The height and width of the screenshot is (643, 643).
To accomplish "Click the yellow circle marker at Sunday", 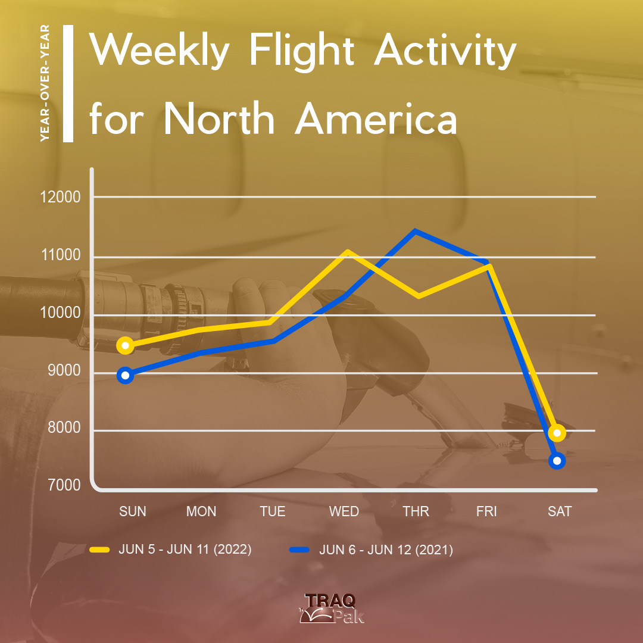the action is click(126, 346).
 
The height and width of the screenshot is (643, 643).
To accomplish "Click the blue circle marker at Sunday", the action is click(126, 375).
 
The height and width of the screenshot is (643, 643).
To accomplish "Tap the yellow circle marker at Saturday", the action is click(557, 433).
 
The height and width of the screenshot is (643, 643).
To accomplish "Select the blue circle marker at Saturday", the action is click(557, 460).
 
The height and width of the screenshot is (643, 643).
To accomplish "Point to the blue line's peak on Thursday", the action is click(415, 230).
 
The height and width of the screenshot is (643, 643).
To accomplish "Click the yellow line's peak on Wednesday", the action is click(347, 251).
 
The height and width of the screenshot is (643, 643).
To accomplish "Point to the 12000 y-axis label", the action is click(61, 197).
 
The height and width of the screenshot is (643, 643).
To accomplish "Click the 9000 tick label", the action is click(64, 370).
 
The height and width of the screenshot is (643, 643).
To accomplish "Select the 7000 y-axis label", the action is click(64, 485).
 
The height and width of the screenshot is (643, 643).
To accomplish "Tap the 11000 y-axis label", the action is click(61, 255).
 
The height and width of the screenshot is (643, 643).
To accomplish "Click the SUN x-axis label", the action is click(132, 511).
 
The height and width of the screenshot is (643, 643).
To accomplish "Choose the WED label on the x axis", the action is click(344, 511).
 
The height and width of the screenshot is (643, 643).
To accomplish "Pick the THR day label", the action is click(416, 511).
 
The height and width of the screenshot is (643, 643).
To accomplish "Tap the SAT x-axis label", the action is click(560, 511).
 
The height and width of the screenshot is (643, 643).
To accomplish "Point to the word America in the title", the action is click(376, 119).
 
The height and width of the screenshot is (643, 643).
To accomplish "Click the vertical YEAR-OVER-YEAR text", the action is click(45, 83).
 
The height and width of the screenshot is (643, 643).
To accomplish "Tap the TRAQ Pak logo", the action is click(332, 608).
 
